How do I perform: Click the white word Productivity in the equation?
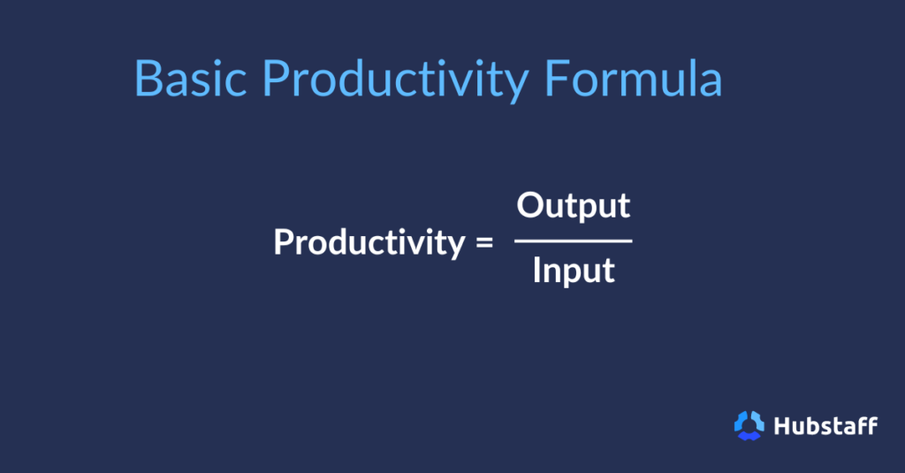[x=368, y=241]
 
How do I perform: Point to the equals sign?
[x=483, y=242]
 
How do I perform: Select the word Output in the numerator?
[x=574, y=205]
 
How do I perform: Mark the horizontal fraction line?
[x=574, y=240]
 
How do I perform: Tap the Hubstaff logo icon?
[x=749, y=425]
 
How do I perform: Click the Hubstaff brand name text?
[x=825, y=425]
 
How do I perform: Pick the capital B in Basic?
[x=148, y=79]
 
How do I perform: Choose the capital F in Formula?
[x=557, y=79]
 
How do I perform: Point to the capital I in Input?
[x=536, y=271]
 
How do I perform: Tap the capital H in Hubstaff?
[x=781, y=425]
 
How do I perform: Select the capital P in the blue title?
[x=276, y=79]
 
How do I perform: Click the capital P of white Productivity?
[x=283, y=241]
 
